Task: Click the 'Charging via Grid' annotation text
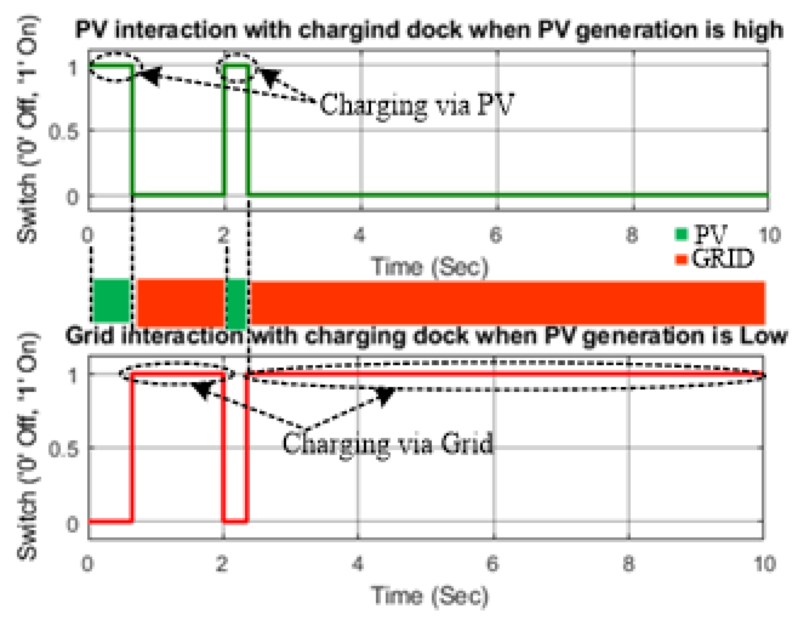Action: pyautogui.click(x=388, y=443)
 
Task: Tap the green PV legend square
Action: pyautogui.click(x=681, y=234)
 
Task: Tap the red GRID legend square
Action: pyautogui.click(x=681, y=259)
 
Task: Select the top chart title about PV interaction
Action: pyautogui.click(x=429, y=29)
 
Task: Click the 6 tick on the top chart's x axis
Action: pyautogui.click(x=496, y=235)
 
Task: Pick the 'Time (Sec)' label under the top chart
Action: pyautogui.click(x=430, y=267)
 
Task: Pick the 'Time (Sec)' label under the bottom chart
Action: pyautogui.click(x=430, y=595)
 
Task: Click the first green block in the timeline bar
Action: pyautogui.click(x=112, y=301)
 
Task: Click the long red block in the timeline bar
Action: pyautogui.click(x=508, y=303)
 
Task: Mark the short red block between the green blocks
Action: pyautogui.click(x=180, y=303)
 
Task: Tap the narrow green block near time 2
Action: pyautogui.click(x=237, y=304)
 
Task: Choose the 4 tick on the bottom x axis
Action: pyautogui.click(x=358, y=563)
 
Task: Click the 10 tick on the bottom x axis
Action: pyautogui.click(x=765, y=563)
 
